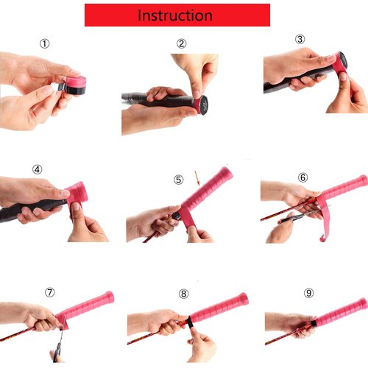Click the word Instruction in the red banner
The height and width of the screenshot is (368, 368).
point(175,15)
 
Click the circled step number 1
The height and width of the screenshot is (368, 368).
point(45,43)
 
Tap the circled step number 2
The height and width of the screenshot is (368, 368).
point(181,43)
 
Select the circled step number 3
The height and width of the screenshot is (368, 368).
point(300,39)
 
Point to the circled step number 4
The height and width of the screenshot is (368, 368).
point(38,169)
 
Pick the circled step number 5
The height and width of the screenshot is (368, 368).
point(178,180)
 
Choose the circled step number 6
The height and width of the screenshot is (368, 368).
point(302,177)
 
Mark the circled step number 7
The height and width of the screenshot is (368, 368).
point(50,292)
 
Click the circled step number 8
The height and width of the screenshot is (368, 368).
point(183,294)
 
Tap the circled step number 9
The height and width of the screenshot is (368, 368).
point(308,293)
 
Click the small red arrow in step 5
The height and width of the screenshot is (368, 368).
point(197,178)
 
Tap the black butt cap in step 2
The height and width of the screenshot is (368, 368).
point(203,105)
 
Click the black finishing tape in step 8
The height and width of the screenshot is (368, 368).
point(190,322)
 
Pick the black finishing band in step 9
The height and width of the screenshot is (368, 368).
point(314,323)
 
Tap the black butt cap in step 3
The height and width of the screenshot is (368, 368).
point(343,61)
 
